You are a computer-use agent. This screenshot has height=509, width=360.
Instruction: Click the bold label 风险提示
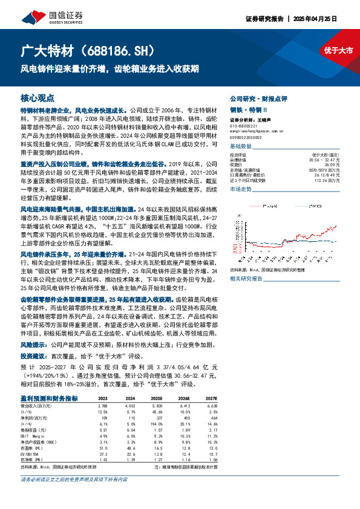34,343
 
